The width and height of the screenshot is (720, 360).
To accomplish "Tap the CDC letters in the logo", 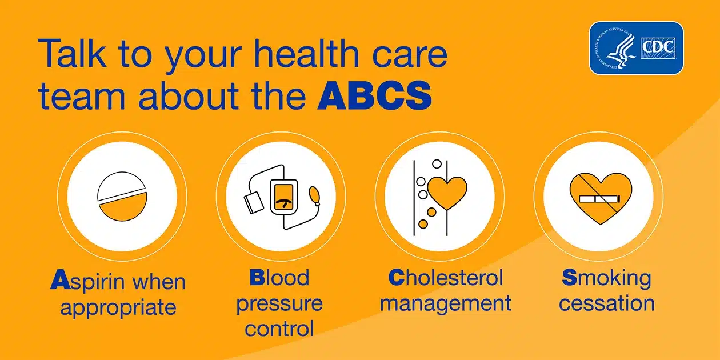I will pos(658,46).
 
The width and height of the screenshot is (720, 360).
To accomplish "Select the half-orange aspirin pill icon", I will pos(122,198).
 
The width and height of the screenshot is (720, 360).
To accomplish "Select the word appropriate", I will pos(118,307).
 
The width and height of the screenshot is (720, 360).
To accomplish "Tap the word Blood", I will pos(279,278).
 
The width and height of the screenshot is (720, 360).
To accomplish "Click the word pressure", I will pos(279,303).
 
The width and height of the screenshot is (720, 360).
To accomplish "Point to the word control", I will pos(279,329).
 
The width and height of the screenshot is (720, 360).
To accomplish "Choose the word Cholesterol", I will pos(446,278).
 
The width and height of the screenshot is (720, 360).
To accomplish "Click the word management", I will pos(446,303).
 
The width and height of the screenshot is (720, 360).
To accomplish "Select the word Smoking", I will pos(606,278).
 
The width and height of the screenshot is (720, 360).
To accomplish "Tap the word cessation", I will pos(606,303).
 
